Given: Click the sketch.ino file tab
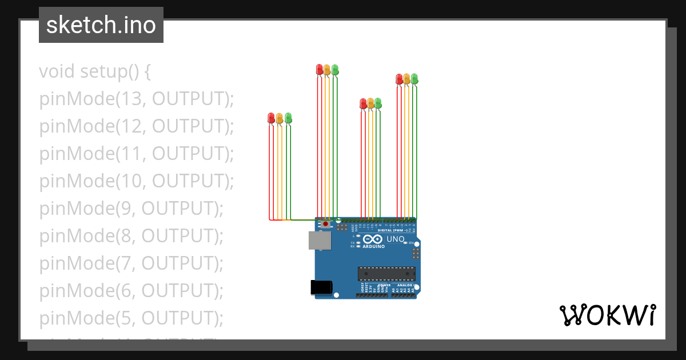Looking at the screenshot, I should pos(101,25).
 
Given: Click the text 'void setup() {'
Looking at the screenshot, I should pos(95,71).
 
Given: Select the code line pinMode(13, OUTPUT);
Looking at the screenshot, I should pos(137,99).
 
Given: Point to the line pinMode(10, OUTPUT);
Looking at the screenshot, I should pos(137,181).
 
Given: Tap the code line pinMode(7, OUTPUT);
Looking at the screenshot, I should pos(131,263).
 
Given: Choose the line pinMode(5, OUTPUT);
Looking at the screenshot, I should pos(131,318).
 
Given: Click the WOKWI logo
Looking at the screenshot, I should pos(607,315).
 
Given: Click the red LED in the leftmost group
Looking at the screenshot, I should pos(271,118).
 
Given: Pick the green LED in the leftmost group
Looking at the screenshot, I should pos(288,118).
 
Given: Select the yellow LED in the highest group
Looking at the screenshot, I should pos(327,70).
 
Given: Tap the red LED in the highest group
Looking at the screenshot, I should pos(320,70).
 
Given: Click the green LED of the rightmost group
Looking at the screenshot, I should pos(414,78).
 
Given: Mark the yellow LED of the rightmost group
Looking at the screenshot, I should pos(406,79).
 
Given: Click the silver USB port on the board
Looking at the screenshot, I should pos(320,241).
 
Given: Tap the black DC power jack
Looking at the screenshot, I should pos(321,287).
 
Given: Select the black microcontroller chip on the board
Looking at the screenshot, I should pos(386,274).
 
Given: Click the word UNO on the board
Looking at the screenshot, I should pos(396,239).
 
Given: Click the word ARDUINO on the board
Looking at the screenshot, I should pos(373,246).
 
